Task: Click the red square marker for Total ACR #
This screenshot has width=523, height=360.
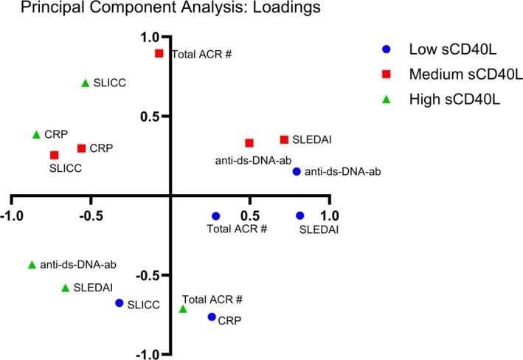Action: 159,54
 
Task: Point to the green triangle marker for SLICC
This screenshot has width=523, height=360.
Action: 86,83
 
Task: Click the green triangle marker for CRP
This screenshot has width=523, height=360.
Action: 37,134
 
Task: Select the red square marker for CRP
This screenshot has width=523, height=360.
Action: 81,148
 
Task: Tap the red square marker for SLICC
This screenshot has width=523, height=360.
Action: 54,155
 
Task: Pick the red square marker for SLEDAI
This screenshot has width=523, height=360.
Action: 284,139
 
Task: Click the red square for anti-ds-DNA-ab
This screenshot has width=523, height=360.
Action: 249,143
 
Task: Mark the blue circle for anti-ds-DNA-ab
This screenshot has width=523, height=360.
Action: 297,171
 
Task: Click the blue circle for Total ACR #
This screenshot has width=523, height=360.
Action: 216,216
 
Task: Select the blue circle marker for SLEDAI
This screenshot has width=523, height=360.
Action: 300,215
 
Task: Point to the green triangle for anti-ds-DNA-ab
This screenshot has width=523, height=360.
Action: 32,264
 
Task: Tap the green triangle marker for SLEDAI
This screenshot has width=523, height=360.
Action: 65,288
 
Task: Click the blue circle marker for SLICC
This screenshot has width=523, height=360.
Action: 120,302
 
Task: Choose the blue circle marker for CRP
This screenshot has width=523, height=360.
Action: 212,317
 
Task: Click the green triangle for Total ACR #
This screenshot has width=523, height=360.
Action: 183,308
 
